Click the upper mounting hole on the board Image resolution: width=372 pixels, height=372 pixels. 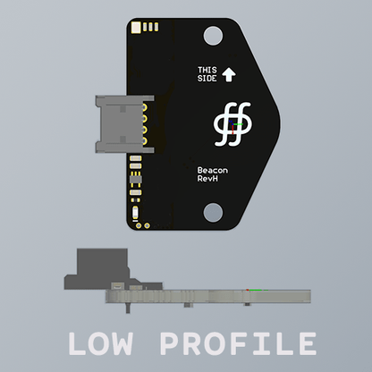point(213,36)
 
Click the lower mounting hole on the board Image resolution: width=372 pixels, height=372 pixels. point(213,212)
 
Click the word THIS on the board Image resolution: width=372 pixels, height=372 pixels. point(207,70)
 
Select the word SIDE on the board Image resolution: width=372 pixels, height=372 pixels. point(207,79)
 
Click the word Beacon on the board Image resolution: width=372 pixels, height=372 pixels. point(211,170)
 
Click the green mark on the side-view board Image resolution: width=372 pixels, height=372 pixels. point(258,290)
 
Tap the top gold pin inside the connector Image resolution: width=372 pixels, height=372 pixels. point(142,106)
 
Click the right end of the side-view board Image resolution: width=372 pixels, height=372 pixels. point(309,295)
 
